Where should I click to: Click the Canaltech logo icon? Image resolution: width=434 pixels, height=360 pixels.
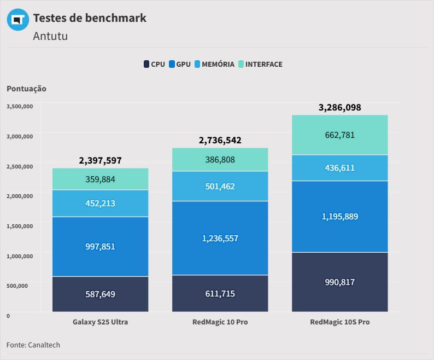pos(17,20)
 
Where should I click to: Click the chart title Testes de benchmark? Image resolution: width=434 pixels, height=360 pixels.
pos(90,18)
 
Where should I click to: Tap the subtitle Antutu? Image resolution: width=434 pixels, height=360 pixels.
pos(50,37)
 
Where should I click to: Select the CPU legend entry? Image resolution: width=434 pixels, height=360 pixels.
pos(154,64)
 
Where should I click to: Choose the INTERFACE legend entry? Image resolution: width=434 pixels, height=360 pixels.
pos(260,64)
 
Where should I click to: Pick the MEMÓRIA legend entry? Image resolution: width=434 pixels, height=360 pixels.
pos(214,64)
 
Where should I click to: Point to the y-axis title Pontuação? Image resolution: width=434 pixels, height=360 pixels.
pos(26,89)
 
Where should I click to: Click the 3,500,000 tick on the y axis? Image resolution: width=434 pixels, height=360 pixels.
pos(20,106)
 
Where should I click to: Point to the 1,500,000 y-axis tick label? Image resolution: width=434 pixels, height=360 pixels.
pos(20,225)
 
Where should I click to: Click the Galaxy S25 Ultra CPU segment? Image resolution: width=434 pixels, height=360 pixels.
pos(100,294)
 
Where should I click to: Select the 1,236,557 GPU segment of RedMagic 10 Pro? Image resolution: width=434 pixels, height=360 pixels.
pos(220,238)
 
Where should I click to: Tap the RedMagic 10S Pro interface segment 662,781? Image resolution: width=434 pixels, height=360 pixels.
pos(339,135)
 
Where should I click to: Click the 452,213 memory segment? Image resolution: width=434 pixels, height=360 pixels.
pos(100,204)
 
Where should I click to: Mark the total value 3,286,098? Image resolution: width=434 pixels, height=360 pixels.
pos(339,107)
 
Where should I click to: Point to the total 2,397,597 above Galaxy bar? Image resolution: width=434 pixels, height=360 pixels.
pos(100,160)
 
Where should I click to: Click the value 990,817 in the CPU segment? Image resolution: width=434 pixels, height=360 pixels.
pos(339,282)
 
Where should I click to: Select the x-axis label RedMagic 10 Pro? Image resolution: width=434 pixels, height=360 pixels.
pos(220,322)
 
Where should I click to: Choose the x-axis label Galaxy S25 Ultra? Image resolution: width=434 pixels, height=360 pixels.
pos(100,322)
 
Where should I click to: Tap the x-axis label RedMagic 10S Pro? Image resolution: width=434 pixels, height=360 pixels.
pos(339,322)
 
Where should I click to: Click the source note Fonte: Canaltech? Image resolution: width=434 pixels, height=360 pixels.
pos(33,345)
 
